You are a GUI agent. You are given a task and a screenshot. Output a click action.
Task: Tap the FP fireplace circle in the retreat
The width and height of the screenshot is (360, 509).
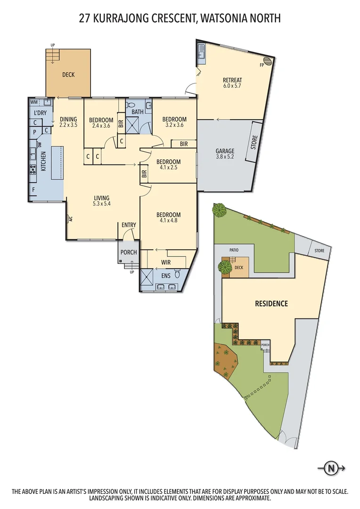pos(267,61)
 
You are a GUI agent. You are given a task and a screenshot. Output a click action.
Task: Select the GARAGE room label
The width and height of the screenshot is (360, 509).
pos(225,151)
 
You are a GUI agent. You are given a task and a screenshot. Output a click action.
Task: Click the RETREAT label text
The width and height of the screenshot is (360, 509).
pos(232,80)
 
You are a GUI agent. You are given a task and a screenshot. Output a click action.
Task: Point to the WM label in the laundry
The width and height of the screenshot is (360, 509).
pos(34,102)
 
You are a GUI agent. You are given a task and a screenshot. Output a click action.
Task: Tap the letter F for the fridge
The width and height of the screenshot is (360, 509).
pos(33,190)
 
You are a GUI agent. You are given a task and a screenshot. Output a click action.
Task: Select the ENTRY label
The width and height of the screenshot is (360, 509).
pos(129,225)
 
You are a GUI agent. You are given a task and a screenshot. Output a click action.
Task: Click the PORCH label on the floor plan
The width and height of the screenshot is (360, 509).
pos(128,252)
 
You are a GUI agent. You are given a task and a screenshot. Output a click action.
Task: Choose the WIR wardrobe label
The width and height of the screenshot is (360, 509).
pos(166,262)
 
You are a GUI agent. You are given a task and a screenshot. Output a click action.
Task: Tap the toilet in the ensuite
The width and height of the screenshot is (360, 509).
pos(178,274)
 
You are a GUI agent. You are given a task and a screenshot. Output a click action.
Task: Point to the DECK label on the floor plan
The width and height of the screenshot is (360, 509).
pos(68,74)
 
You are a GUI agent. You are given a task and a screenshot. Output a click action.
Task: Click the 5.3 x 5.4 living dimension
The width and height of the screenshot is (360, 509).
pos(101,204)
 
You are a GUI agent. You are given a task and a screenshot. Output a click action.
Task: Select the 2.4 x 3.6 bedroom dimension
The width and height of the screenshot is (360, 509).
pos(101,126)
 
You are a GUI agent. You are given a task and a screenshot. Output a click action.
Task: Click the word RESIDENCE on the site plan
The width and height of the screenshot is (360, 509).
pos(271,304)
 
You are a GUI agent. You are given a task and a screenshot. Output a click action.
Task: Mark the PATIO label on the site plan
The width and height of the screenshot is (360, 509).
pos(234,250)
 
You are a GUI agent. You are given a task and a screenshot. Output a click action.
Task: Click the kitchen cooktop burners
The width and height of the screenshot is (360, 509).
pos(33,170)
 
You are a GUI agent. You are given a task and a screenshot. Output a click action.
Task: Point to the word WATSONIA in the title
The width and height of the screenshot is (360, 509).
pos(228,18)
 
